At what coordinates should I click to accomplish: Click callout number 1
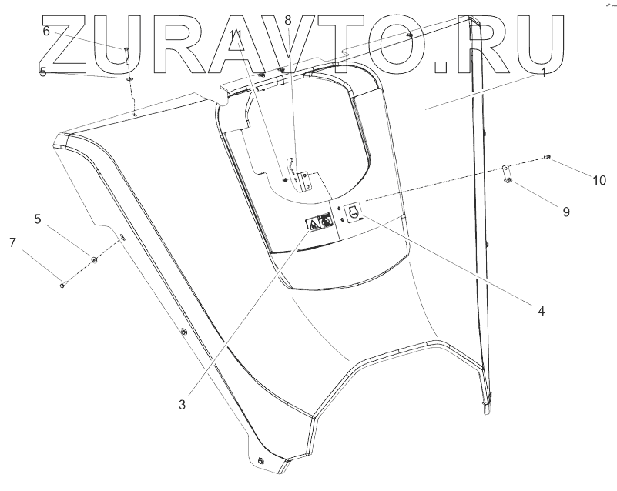pos(543,74)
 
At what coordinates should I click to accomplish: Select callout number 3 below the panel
pos(182,403)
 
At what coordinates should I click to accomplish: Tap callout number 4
pos(541,312)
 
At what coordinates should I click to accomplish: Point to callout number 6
pos(46,32)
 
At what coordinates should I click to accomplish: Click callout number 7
pos(12,243)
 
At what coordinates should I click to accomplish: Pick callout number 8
pos(288,21)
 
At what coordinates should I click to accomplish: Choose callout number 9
pos(566,211)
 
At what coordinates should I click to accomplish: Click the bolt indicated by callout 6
pos(125,51)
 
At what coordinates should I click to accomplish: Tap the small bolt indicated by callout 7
pos(62,286)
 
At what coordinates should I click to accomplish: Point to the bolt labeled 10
pos(546,157)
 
